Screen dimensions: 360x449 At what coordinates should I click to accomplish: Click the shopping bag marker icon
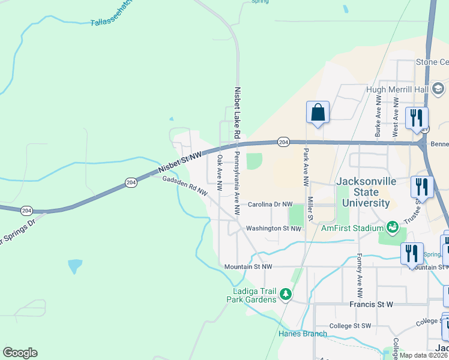pos(318,112)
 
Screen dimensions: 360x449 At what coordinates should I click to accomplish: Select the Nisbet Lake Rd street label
pos(237,112)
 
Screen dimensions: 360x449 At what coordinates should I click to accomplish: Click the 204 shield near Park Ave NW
pos(284,142)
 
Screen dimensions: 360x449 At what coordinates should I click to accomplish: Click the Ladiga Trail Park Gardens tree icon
pos(286,294)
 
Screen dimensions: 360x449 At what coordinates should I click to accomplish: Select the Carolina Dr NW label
pos(270,205)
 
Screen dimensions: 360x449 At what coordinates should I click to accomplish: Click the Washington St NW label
pos(272,228)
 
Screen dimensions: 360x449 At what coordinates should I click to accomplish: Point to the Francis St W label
pos(371,304)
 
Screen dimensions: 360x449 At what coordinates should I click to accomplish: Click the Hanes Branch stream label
pos(303,334)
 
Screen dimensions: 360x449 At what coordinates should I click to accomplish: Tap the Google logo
pos(20,353)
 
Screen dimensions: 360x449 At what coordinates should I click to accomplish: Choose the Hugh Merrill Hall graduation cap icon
pos(438,89)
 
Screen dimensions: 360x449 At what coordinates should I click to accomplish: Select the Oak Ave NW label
pos(220,173)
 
